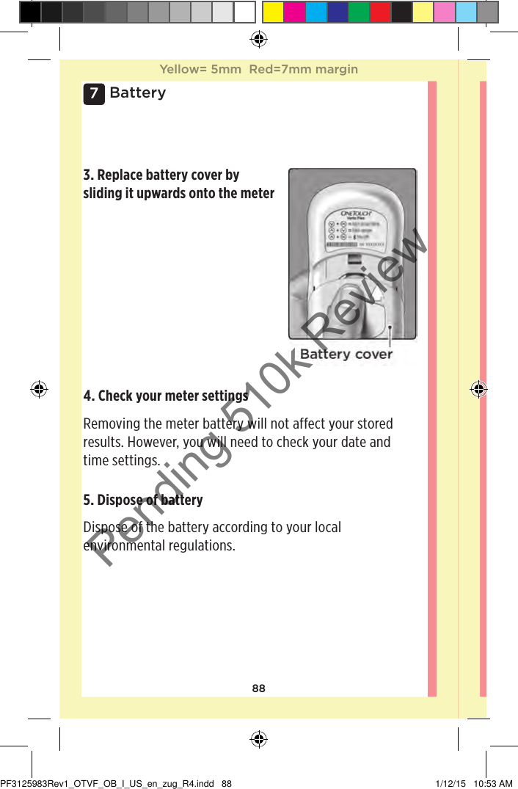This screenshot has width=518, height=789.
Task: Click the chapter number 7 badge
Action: click(93, 94)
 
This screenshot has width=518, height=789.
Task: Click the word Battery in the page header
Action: click(137, 92)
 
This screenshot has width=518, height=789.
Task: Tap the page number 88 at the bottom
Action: click(258, 688)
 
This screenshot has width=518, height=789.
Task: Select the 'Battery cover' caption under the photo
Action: click(346, 354)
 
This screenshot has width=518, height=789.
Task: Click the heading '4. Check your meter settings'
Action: click(165, 396)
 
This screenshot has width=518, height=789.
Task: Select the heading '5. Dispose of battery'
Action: click(143, 500)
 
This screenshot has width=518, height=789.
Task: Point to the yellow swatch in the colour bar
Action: click(273, 12)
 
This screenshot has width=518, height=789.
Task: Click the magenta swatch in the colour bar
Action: click(294, 12)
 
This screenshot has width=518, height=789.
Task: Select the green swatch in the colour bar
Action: click(359, 12)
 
